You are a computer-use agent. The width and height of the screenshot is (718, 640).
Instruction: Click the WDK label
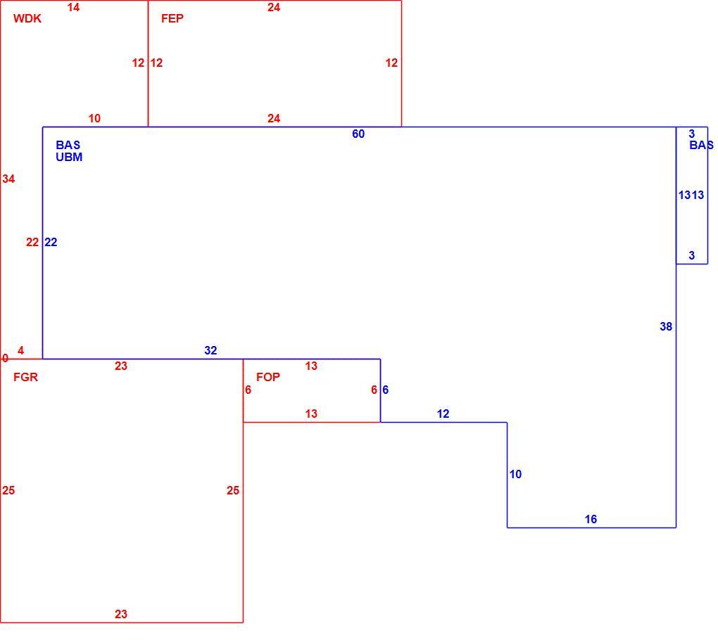tap(27, 18)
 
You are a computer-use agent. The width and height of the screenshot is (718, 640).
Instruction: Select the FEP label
tap(172, 18)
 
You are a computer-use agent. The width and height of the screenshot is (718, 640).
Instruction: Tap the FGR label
tap(25, 377)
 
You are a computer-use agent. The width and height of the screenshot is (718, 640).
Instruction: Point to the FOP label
tap(268, 377)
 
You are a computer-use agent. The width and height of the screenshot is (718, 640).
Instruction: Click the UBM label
tap(69, 157)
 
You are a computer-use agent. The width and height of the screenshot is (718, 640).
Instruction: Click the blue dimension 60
tap(358, 134)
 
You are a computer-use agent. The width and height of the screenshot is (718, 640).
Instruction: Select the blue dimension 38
tap(666, 326)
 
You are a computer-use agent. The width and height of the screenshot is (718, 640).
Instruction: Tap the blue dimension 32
tap(210, 350)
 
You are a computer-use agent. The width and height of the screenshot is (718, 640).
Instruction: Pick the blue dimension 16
tap(591, 519)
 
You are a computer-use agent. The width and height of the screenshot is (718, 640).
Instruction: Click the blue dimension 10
tap(515, 474)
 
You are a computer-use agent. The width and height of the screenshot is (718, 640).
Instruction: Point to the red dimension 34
tap(8, 179)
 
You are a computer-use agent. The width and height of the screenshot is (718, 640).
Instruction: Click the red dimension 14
tap(73, 7)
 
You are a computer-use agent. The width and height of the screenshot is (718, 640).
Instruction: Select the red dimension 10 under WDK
tap(94, 118)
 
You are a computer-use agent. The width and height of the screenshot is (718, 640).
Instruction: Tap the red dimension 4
tap(20, 350)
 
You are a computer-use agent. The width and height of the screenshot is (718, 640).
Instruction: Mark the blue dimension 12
tap(443, 414)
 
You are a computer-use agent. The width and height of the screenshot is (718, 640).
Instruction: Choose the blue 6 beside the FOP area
tap(386, 390)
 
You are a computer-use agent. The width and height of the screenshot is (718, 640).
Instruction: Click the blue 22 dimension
tap(51, 242)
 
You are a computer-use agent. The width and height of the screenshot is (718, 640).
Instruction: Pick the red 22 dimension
tap(32, 242)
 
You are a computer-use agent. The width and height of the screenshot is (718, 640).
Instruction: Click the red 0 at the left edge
tap(5, 358)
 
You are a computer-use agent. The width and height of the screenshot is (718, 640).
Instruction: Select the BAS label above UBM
tap(68, 145)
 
